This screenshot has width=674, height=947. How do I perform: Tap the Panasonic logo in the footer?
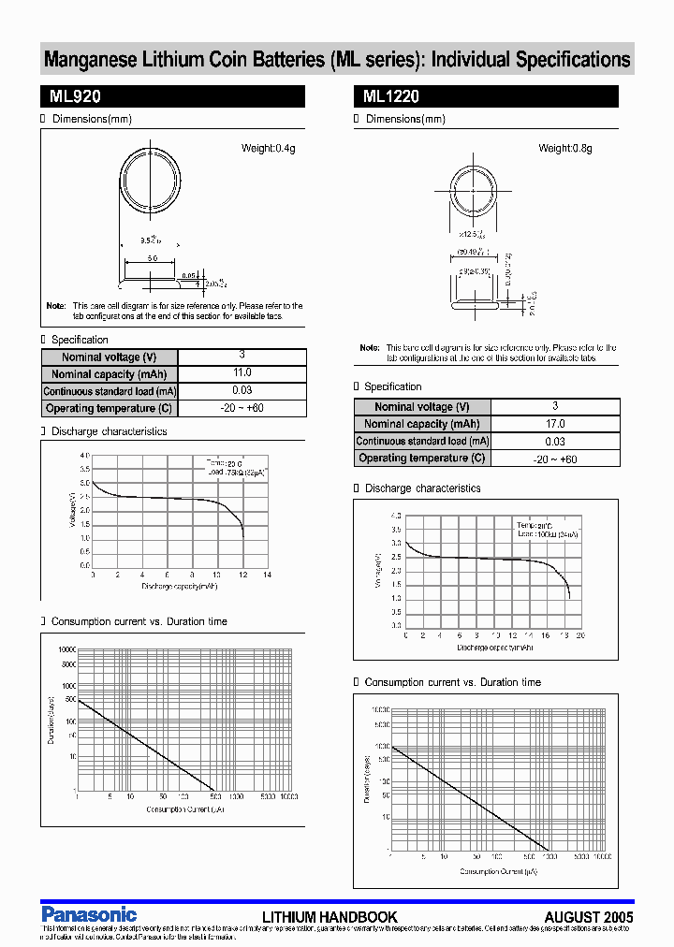(x=89, y=914)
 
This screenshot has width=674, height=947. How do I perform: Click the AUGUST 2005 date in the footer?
(x=589, y=918)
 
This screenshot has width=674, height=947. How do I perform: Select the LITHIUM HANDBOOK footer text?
(x=330, y=918)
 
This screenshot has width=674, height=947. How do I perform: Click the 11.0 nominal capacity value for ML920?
(x=242, y=373)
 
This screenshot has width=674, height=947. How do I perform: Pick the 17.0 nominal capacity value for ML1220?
(x=554, y=424)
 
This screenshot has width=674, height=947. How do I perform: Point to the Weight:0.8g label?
(x=565, y=149)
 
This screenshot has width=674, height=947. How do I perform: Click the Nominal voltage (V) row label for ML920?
(x=109, y=357)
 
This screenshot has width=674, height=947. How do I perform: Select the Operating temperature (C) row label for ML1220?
(x=421, y=459)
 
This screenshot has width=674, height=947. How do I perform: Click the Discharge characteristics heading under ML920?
(x=109, y=432)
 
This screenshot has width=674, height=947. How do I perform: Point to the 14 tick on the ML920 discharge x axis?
(x=267, y=575)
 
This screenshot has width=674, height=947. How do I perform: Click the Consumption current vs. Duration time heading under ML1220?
(x=452, y=683)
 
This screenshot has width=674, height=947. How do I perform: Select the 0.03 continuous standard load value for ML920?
(x=242, y=391)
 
